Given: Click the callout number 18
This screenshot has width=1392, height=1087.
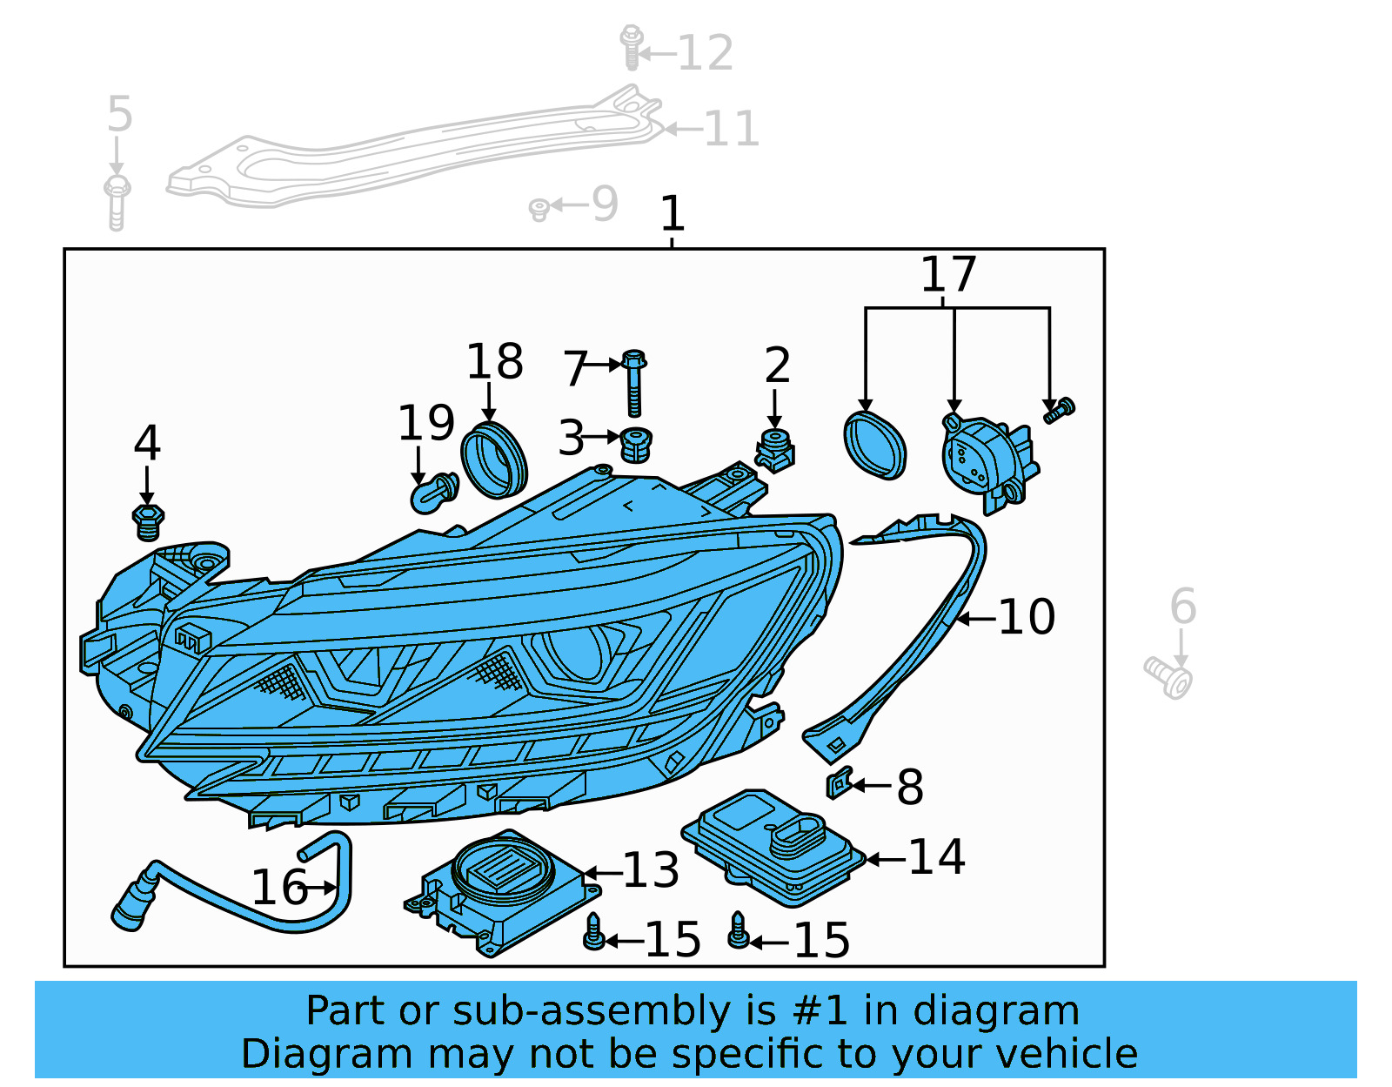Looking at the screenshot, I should pos(494,362).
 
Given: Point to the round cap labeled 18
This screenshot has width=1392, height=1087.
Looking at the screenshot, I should pos(494,460).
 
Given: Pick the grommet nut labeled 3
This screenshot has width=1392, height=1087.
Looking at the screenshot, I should pos(637,445).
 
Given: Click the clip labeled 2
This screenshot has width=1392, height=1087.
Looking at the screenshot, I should pos(774,451).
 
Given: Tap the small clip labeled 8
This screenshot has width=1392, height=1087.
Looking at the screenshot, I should pos(838,783).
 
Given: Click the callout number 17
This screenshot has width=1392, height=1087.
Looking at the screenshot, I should pos(948,275).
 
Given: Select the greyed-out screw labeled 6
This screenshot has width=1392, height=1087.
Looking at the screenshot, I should pos(1169,679).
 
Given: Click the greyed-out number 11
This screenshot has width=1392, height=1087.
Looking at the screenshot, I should pos(731,129).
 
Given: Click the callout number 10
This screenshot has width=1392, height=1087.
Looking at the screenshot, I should pos(1027,617).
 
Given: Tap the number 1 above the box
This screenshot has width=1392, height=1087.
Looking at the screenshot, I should pos(673,214).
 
